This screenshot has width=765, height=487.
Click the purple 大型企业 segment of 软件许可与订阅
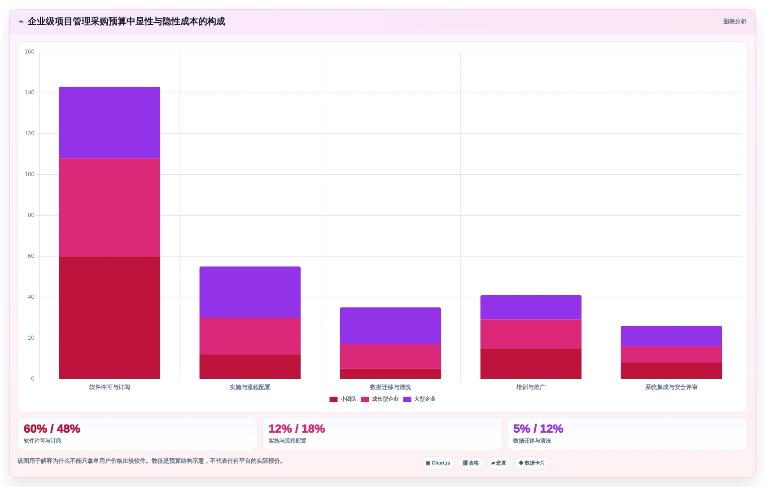[x=109, y=123]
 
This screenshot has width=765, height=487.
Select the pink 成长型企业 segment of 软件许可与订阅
[x=109, y=207]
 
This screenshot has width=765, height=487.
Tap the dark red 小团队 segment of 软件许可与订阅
[x=109, y=317]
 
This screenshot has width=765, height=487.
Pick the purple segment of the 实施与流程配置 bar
[x=250, y=292]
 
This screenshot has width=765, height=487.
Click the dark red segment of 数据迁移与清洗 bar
[x=390, y=374]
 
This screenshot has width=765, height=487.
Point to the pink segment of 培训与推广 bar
[x=531, y=334]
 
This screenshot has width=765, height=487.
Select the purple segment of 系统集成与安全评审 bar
[x=671, y=336]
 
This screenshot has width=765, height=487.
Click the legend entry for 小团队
[x=343, y=399]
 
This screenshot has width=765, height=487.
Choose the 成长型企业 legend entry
[x=380, y=399]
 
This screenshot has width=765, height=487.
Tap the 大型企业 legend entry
[x=420, y=399]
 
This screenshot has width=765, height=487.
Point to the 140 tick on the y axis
[x=29, y=93]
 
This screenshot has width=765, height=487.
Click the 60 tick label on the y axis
[x=31, y=256]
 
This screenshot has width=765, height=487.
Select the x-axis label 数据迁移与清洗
[x=390, y=387]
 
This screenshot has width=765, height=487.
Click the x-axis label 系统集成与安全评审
[x=671, y=387]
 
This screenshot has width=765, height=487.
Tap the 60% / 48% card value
[x=52, y=429]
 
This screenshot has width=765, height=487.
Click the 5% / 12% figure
[x=538, y=429]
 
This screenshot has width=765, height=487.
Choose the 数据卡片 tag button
[x=531, y=463]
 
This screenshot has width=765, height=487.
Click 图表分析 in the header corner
[x=734, y=22]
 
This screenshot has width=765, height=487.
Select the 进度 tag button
[x=498, y=463]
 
